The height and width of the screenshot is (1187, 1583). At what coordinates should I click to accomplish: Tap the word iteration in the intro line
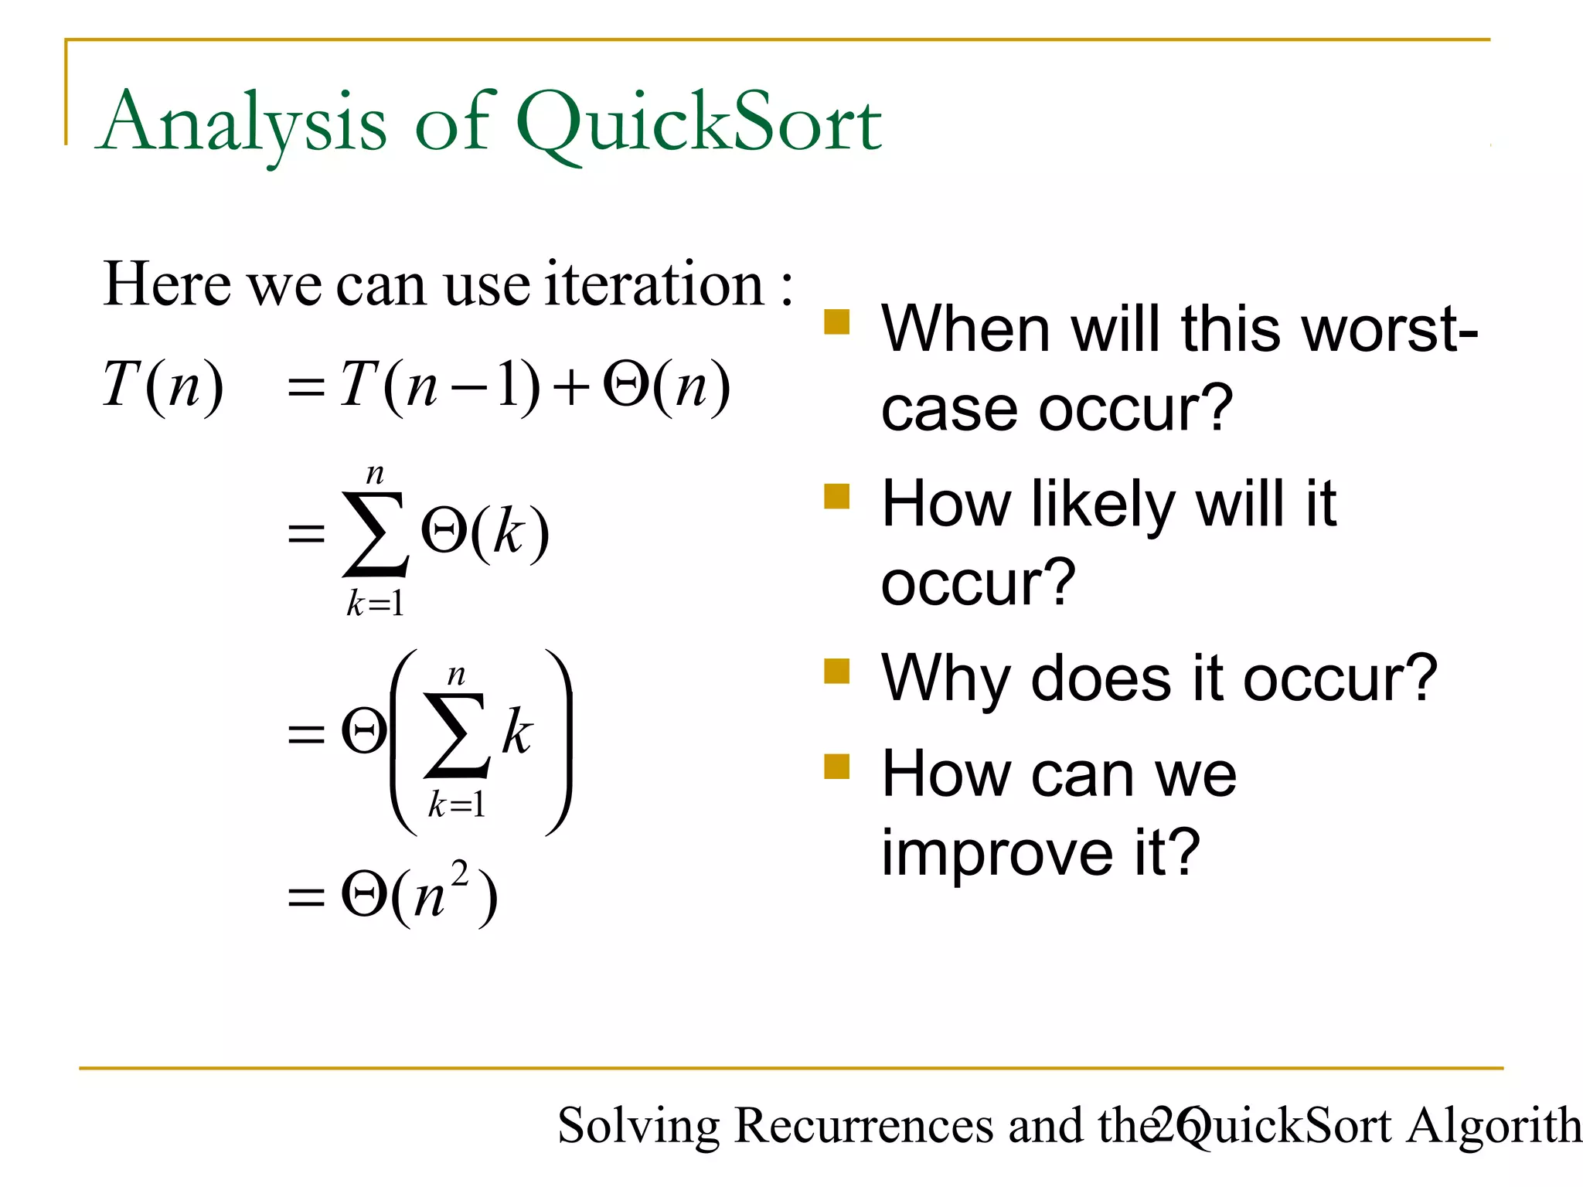coord(654,284)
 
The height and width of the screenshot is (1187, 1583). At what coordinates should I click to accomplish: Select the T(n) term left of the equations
coord(163,385)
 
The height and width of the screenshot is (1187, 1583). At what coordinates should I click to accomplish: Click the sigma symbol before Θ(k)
coord(375,533)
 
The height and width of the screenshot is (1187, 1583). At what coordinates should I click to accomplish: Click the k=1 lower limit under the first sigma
coord(375,604)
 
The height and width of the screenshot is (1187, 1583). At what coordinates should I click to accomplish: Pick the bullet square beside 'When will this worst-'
coord(836,321)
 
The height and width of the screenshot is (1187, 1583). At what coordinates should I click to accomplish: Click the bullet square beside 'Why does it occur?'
coord(836,671)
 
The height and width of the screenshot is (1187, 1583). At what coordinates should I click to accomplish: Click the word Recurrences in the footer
coord(863,1125)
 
